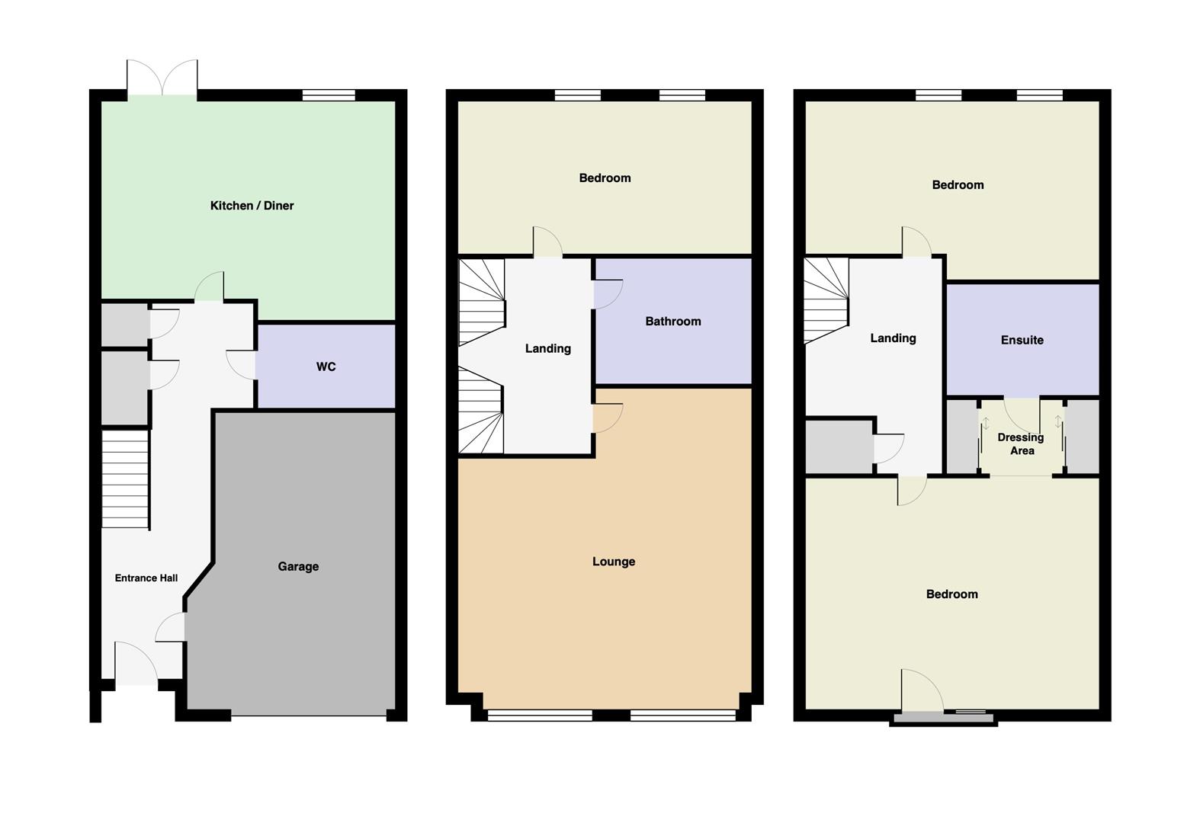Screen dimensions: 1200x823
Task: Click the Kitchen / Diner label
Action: [252, 206]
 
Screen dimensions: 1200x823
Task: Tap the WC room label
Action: [326, 367]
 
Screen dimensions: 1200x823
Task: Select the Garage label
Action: [298, 566]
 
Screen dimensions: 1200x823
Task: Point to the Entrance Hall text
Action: [146, 578]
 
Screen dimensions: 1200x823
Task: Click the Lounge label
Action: [614, 562]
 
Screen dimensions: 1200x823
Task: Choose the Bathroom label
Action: [673, 322]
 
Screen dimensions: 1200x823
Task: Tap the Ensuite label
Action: [1022, 340]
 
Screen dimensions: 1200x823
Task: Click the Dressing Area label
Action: [1021, 444]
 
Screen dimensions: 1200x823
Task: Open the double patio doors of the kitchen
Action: [162, 78]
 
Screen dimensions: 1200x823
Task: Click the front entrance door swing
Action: [136, 663]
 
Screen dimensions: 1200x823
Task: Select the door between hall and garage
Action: [170, 627]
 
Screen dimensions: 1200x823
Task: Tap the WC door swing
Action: [241, 365]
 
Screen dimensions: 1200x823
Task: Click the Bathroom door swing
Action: [608, 294]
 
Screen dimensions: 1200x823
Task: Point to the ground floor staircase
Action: [125, 479]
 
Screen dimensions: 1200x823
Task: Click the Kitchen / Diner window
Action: [329, 95]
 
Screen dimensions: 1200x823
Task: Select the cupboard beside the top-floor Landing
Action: [839, 447]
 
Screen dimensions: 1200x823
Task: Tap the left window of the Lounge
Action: [540, 715]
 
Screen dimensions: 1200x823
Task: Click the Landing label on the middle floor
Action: [547, 348]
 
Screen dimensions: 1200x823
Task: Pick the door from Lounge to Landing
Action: [608, 418]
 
